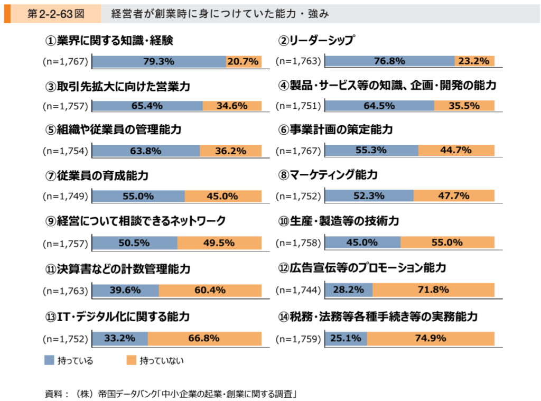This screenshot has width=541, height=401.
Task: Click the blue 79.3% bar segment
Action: [158, 61]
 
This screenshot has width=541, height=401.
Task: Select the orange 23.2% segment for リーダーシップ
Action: [474, 61]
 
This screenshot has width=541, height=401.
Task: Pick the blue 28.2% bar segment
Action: [348, 290]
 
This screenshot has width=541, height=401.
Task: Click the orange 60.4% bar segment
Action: [210, 290]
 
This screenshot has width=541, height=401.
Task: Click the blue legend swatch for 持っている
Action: [49, 360]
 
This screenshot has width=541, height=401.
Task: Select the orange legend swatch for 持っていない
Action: [132, 360]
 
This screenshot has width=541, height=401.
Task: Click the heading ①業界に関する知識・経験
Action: [109, 40]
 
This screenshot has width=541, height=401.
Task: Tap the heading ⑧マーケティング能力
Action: [335, 174]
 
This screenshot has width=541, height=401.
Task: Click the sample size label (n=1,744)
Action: [299, 290]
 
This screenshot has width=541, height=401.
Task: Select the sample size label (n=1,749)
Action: [65, 197]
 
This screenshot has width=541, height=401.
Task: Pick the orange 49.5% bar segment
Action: [219, 243]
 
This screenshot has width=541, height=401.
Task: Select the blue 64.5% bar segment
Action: [379, 106]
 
